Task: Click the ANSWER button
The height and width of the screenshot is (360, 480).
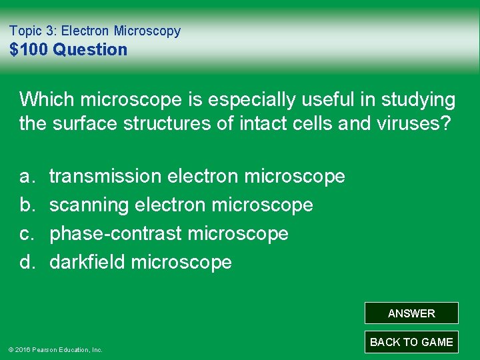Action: (x=411, y=313)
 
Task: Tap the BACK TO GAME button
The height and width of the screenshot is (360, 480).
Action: (x=411, y=342)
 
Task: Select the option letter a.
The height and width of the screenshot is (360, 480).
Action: (x=27, y=177)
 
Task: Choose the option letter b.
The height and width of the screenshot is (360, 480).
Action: (x=27, y=205)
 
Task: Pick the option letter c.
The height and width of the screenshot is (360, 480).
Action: (x=27, y=234)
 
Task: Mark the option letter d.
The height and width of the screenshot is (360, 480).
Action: (x=27, y=263)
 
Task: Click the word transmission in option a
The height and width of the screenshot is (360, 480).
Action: (x=105, y=177)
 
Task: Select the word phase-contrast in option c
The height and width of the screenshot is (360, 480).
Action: (x=116, y=234)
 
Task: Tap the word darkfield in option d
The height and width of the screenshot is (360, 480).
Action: (x=87, y=263)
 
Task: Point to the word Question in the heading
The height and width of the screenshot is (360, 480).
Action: (x=90, y=49)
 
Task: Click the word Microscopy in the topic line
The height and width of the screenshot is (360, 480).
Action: (x=147, y=31)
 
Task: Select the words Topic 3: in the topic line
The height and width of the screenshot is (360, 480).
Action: (x=33, y=31)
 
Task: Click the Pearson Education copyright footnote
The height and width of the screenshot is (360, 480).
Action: (x=55, y=349)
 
